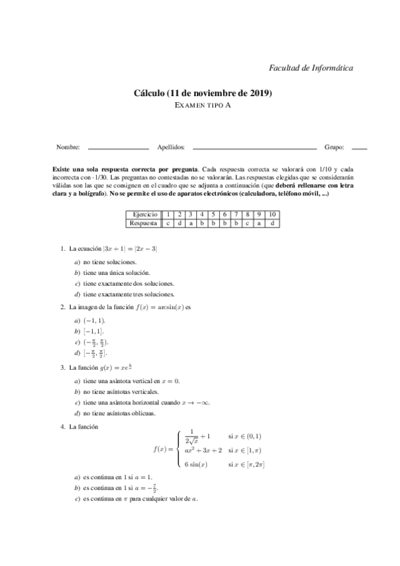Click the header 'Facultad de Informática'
310,67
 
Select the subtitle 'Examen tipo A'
200,105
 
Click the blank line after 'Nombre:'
118,148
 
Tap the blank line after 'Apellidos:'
254,148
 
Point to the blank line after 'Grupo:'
359,148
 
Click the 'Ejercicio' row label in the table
144,214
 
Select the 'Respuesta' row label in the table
144,222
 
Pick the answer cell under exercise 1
168,222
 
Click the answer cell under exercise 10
272,222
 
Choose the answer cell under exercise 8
247,222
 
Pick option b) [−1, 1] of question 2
93,331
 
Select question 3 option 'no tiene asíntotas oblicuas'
119,413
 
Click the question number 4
62,427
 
